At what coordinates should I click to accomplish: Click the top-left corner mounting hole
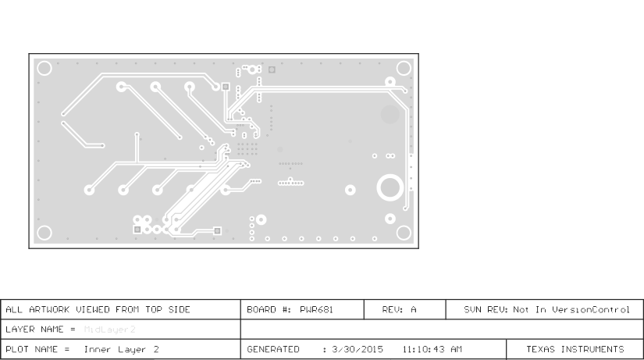(44, 69)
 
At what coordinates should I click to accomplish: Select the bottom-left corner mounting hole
(44, 233)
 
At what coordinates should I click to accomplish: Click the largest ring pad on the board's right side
(389, 188)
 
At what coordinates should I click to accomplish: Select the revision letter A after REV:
(414, 309)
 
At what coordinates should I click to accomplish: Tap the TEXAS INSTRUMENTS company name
(576, 349)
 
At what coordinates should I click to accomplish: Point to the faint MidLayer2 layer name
(109, 330)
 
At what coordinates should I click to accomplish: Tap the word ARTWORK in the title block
(45, 309)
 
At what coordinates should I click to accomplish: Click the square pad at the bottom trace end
(218, 230)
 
